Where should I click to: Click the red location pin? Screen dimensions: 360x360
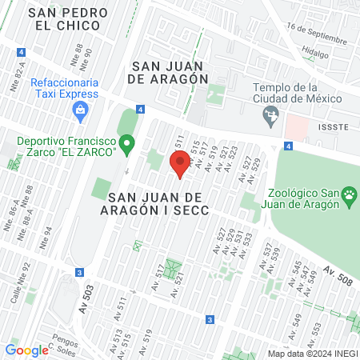(180, 164)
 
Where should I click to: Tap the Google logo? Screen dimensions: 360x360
(26, 350)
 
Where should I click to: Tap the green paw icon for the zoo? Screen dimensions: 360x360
(349, 194)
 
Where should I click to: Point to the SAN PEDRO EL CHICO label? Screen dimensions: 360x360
(63, 19)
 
